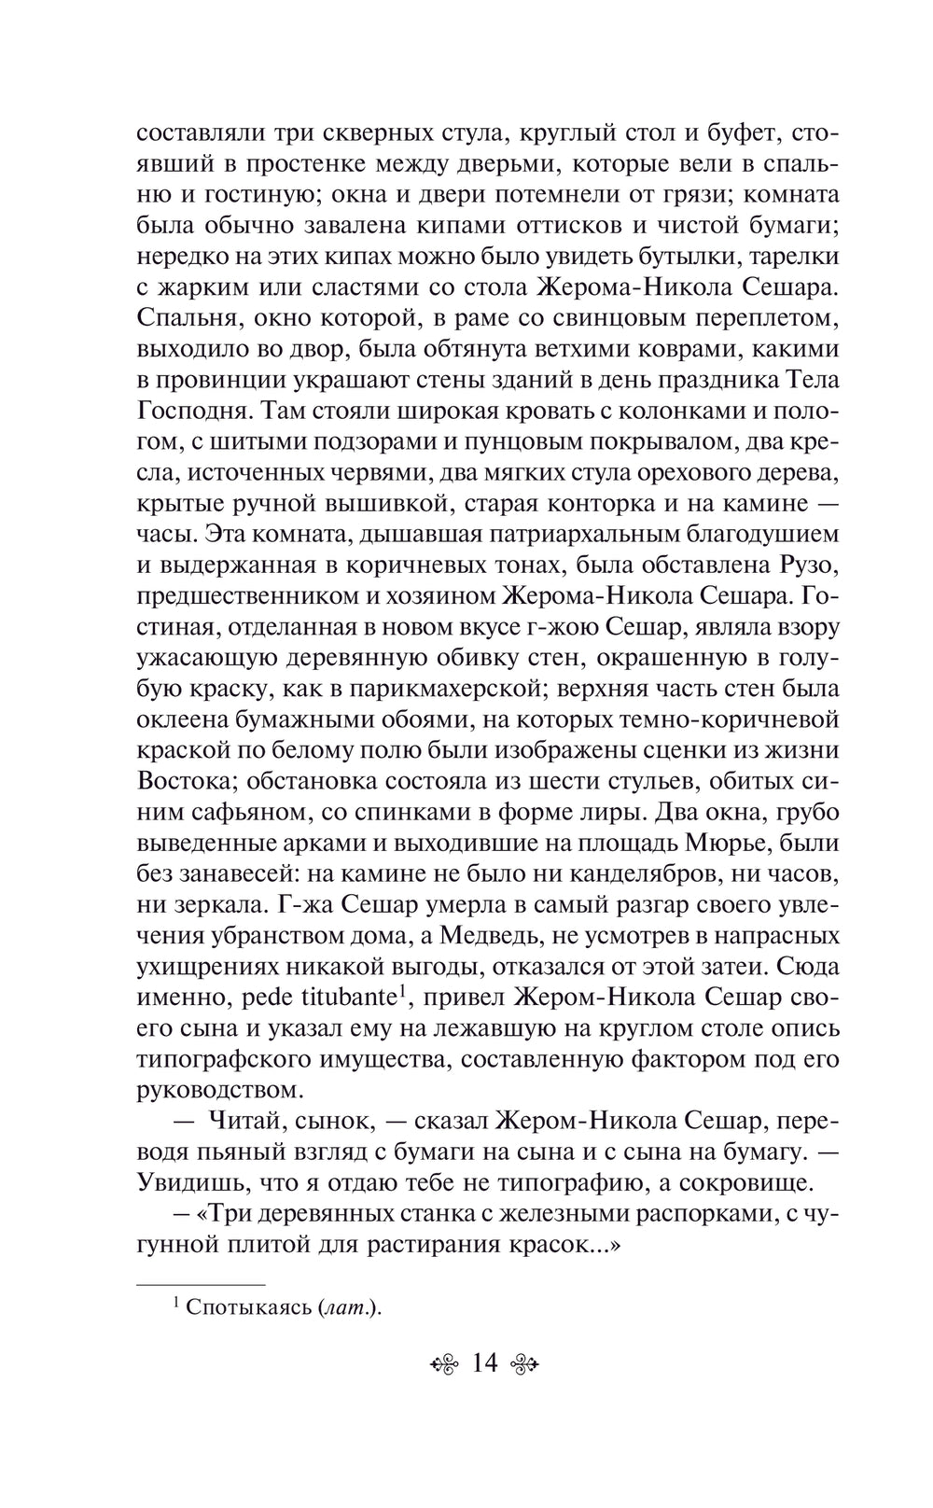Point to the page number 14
tap(484, 1363)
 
